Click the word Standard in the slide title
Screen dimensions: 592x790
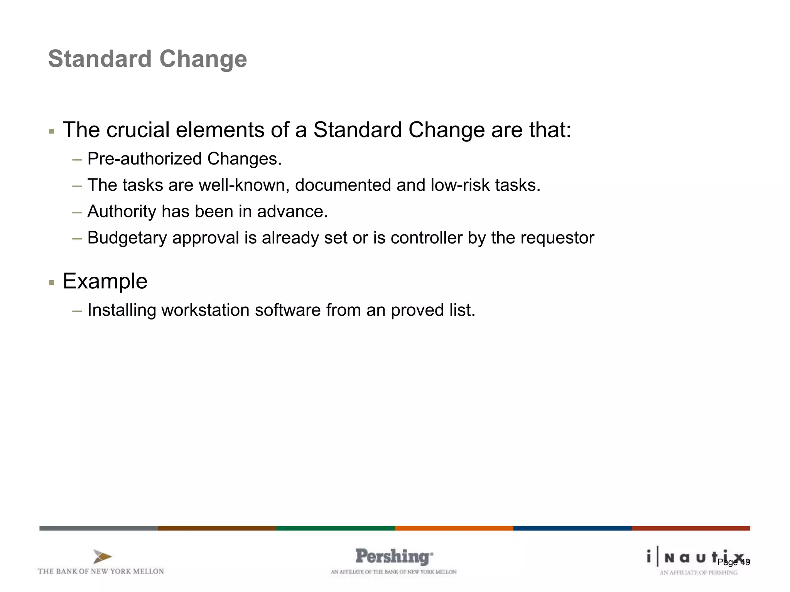[100, 59]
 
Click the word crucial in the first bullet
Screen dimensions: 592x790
[137, 130]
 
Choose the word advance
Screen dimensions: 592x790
[292, 212]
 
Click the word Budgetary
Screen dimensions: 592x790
[127, 238]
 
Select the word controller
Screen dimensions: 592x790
[426, 238]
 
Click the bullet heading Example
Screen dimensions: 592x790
[105, 281]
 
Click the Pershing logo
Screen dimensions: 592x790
[394, 557]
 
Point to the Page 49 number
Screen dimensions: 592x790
[733, 562]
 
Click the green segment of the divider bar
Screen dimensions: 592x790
[335, 528]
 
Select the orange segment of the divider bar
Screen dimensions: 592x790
[454, 528]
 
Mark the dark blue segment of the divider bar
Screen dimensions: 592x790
[572, 528]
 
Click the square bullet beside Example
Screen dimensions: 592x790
[52, 283]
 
